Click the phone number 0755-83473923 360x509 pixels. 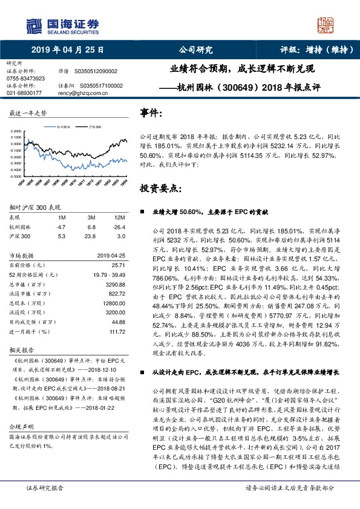click(x=25, y=79)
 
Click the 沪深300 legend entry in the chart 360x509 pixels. click(x=95, y=128)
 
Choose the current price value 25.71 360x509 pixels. click(x=118, y=265)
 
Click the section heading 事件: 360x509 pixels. click(x=151, y=113)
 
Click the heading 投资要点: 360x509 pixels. click(x=160, y=188)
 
